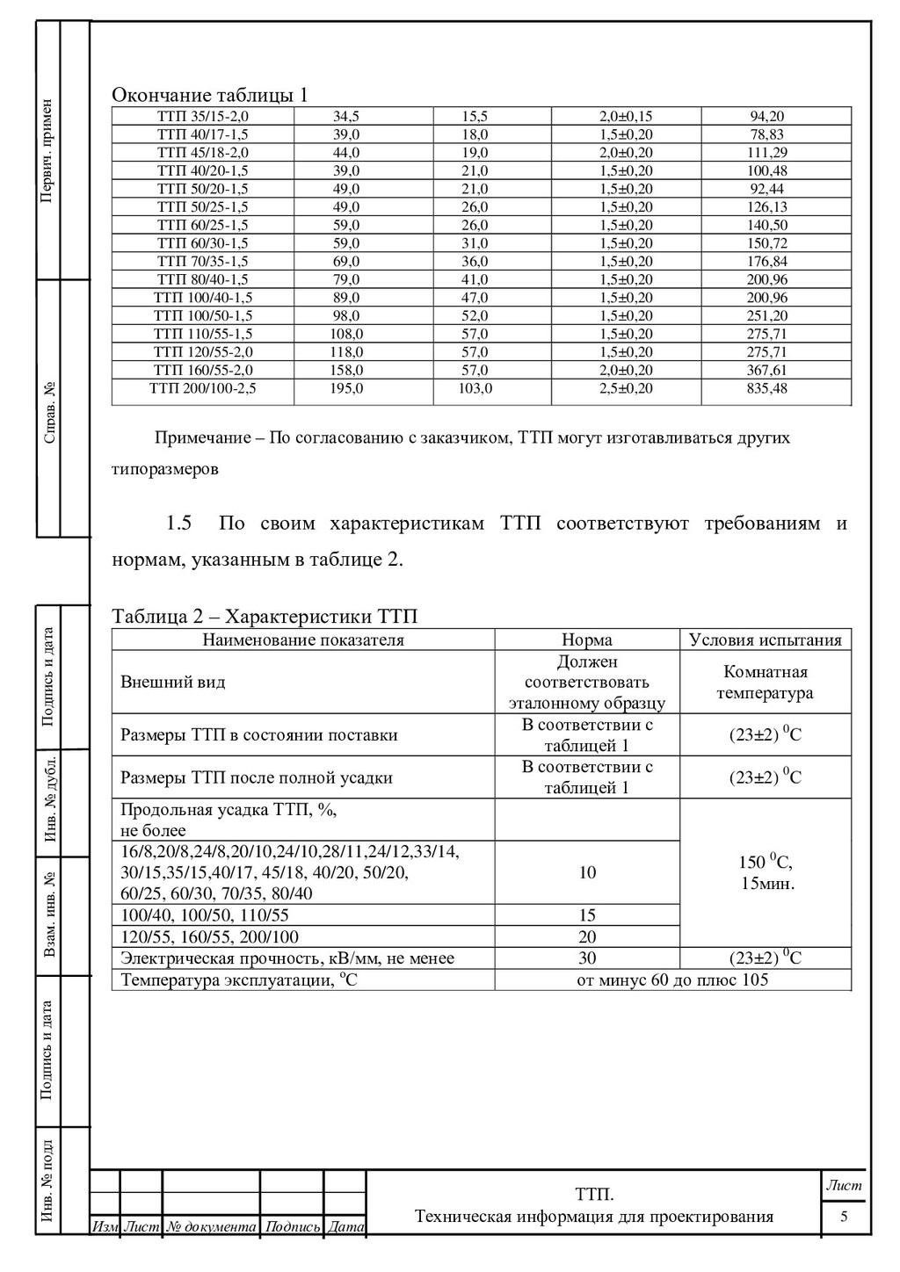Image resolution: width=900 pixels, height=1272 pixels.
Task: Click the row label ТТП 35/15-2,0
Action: click(x=202, y=116)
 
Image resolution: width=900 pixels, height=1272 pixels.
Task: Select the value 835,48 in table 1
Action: click(x=766, y=388)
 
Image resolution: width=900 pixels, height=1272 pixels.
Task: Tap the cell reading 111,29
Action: click(x=766, y=152)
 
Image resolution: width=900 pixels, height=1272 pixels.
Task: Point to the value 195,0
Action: click(x=346, y=388)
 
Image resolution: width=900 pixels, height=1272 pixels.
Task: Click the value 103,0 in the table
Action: click(x=475, y=388)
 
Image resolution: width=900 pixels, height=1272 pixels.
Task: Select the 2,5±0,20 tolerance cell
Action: click(x=626, y=388)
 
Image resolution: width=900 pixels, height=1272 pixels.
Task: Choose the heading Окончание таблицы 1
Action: click(x=209, y=95)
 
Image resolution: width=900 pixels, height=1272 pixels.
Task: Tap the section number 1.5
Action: click(x=178, y=524)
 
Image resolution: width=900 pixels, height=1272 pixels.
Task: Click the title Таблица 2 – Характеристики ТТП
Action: click(x=265, y=616)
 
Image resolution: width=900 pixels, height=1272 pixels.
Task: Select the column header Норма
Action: click(x=587, y=640)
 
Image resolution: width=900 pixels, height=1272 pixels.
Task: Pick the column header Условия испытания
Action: click(x=765, y=640)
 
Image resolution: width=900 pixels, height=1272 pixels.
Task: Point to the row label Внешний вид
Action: click(x=172, y=682)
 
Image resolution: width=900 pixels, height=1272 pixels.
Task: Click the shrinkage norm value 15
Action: click(x=587, y=915)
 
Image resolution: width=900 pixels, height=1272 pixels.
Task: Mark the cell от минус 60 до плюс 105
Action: click(x=672, y=979)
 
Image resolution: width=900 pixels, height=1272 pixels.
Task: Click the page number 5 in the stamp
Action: click(x=844, y=1217)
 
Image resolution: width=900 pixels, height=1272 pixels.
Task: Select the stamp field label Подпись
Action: click(x=293, y=1226)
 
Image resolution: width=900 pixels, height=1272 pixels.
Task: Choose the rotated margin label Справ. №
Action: click(x=49, y=411)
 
